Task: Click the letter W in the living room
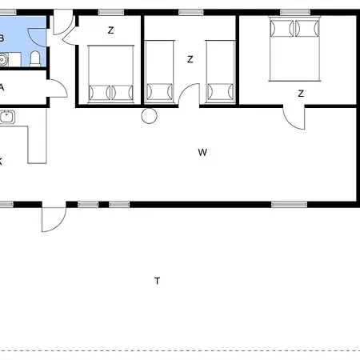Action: pyautogui.click(x=202, y=153)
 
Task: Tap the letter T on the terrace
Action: pyautogui.click(x=158, y=281)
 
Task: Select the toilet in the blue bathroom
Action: pyautogui.click(x=35, y=58)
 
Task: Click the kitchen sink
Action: pyautogui.click(x=7, y=117)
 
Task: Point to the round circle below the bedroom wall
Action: pyautogui.click(x=149, y=116)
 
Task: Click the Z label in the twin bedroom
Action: pyautogui.click(x=190, y=59)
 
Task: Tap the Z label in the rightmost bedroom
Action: pyautogui.click(x=301, y=94)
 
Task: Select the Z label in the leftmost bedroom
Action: pyautogui.click(x=110, y=30)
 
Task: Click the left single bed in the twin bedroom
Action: pyautogui.click(x=159, y=72)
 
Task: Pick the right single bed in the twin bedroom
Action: pyautogui.click(x=220, y=72)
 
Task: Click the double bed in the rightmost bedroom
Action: pyautogui.click(x=294, y=49)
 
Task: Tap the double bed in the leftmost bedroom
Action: pyautogui.click(x=110, y=74)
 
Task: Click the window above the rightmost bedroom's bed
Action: pyautogui.click(x=295, y=12)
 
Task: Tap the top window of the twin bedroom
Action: pyautogui.click(x=190, y=12)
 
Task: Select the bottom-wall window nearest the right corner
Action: pyautogui.click(x=289, y=205)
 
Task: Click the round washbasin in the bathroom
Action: pyautogui.click(x=2, y=60)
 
